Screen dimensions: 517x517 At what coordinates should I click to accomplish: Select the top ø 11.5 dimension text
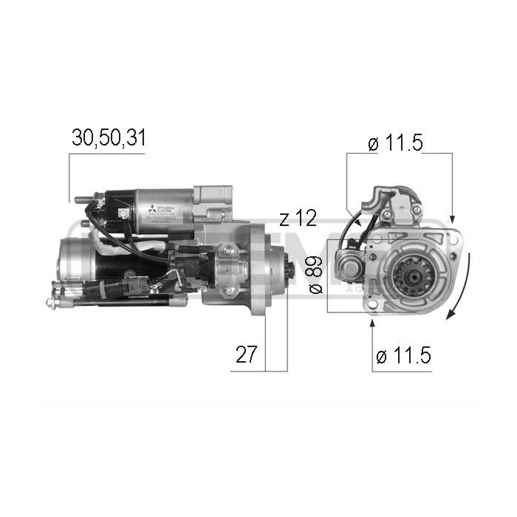point(394,143)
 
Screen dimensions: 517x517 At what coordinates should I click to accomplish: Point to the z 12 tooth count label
point(298,218)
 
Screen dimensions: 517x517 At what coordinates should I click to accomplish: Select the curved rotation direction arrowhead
point(448,315)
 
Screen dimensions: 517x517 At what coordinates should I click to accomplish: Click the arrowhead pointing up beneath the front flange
point(372,310)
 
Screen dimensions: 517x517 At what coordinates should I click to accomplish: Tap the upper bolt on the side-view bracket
point(228,252)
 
